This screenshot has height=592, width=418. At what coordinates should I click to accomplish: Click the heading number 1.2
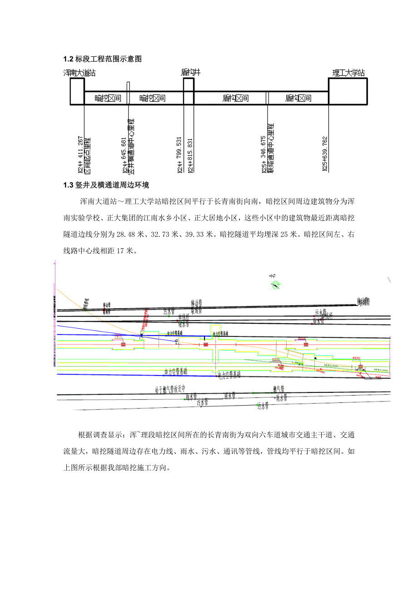68,59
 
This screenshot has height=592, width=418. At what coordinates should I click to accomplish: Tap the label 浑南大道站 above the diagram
80,72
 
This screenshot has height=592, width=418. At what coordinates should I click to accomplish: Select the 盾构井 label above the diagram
190,72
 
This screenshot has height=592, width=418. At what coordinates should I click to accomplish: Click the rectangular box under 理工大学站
348,91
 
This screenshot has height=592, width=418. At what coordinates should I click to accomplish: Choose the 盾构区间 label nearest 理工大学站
298,98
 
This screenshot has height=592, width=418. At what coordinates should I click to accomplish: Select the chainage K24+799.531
179,155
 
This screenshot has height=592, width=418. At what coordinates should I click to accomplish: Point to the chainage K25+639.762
325,154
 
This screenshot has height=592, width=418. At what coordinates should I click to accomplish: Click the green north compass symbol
274,285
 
